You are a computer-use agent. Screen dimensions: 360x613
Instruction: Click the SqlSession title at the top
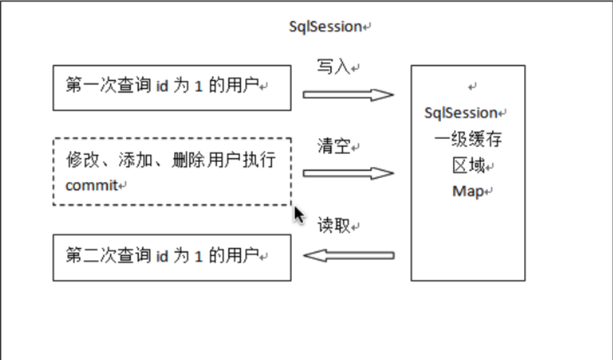pyautogui.click(x=325, y=27)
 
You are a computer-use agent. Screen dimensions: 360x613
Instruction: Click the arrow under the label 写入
pyautogui.click(x=348, y=95)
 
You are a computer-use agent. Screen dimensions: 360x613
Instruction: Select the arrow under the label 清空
pyautogui.click(x=348, y=173)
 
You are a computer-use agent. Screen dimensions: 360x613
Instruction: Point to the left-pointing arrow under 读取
pyautogui.click(x=348, y=256)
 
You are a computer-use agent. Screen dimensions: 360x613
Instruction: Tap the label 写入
pyautogui.click(x=333, y=67)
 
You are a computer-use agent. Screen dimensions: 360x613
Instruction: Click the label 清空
pyautogui.click(x=333, y=146)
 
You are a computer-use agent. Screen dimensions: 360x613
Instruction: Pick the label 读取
pyautogui.click(x=333, y=225)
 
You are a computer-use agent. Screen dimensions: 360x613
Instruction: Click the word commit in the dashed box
pyautogui.click(x=91, y=185)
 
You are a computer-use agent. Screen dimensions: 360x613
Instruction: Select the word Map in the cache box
pyautogui.click(x=468, y=191)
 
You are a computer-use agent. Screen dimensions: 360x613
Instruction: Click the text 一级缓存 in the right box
pyautogui.click(x=468, y=139)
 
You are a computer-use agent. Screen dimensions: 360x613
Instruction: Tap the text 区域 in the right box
pyautogui.click(x=468, y=166)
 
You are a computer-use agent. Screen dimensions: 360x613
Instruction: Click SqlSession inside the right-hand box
pyautogui.click(x=461, y=113)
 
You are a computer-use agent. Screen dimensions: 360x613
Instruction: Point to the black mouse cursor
pyautogui.click(x=299, y=215)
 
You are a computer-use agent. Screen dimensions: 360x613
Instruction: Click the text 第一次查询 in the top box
pyautogui.click(x=108, y=85)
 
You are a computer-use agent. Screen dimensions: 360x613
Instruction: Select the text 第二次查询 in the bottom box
pyautogui.click(x=108, y=256)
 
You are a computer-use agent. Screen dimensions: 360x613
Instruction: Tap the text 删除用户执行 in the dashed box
pyautogui.click(x=224, y=160)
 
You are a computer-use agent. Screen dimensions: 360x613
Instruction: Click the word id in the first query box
pyautogui.click(x=162, y=86)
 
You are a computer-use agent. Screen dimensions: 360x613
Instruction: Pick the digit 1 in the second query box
pyautogui.click(x=198, y=257)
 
